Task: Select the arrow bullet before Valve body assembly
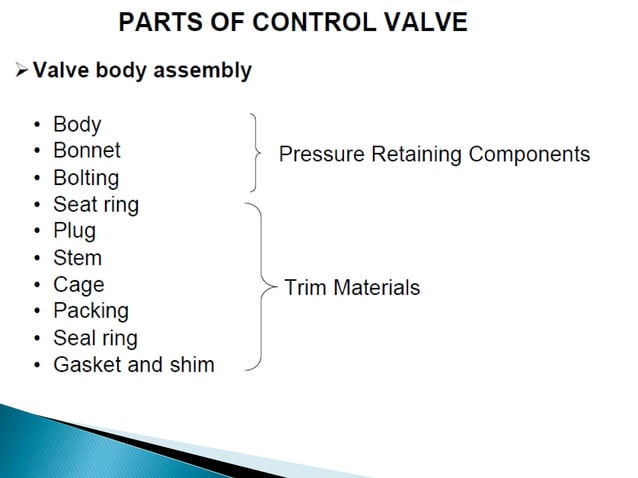pos(22,71)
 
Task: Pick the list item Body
pos(77,125)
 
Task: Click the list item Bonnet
pos(86,150)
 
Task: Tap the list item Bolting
pos(85,178)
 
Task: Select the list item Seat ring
pos(95,204)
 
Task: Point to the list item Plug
pos(74,231)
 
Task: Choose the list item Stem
pos(77,258)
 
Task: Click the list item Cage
pos(78,285)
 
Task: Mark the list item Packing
pos(90,311)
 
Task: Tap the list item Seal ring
pos(95,338)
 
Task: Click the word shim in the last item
pos(192,364)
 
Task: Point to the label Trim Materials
pos(352,288)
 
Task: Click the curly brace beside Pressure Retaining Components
pos(256,152)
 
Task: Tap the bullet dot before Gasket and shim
pos(37,365)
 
